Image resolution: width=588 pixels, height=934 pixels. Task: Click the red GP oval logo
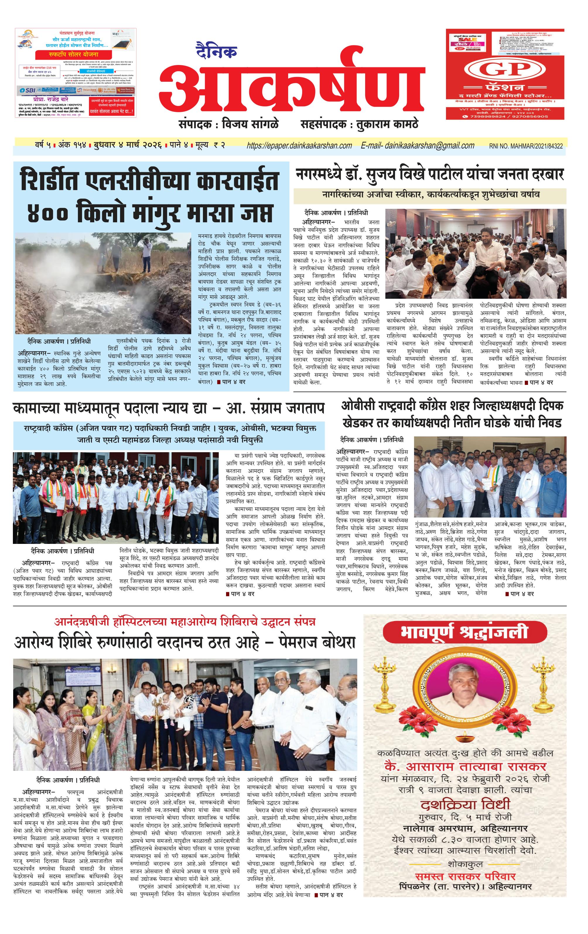505,70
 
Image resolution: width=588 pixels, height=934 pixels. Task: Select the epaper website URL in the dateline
299,146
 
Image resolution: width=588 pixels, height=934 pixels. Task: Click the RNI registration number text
526,146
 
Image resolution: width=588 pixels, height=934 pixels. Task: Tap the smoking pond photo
103,283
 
